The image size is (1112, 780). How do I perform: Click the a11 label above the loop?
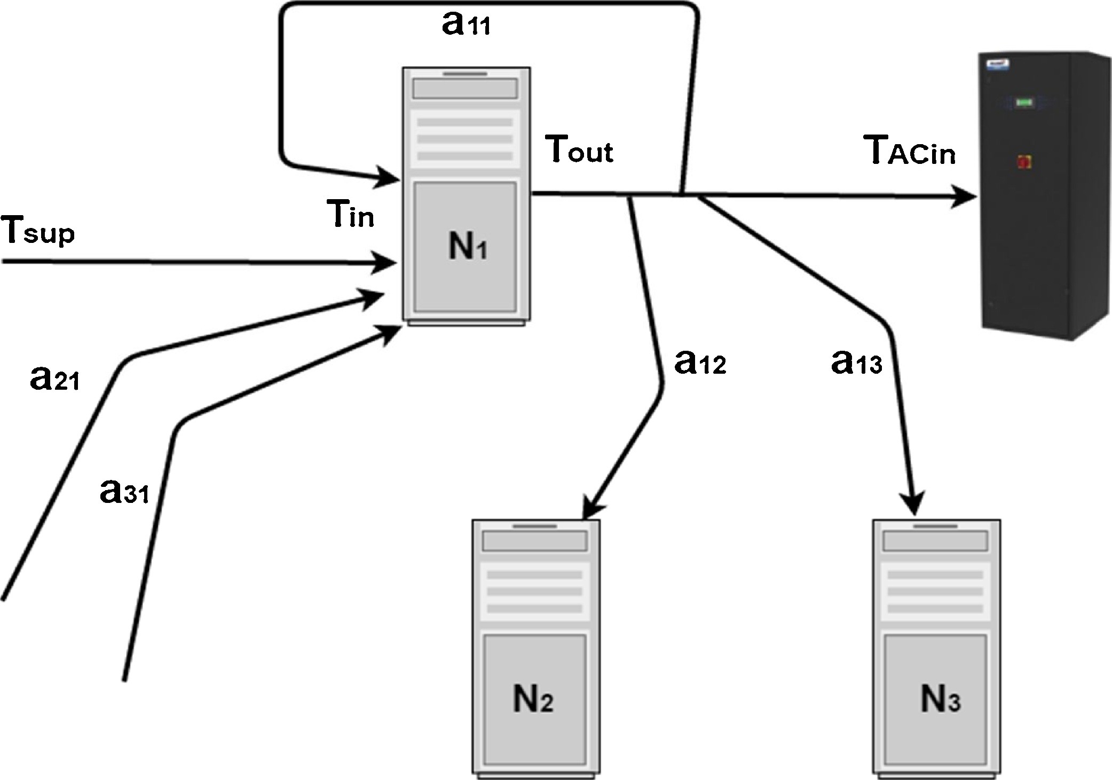pos(466,25)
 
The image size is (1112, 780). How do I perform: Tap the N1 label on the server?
pos(468,247)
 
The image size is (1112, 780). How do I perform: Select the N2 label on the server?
pos(533,699)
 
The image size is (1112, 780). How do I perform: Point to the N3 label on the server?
pos(940,699)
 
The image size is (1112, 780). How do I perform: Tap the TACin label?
pos(910,151)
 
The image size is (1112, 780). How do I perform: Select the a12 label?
pos(700,363)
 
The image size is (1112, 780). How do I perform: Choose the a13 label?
pos(856,363)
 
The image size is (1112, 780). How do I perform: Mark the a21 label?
pos(54,379)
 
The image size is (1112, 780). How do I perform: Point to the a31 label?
pos(124,492)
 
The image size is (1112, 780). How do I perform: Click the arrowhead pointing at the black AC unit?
pos(965,197)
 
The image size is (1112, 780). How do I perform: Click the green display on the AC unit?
pos(1024,102)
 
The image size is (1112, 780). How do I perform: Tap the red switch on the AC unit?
pos(1024,161)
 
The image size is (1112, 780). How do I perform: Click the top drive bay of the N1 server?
pos(466,89)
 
